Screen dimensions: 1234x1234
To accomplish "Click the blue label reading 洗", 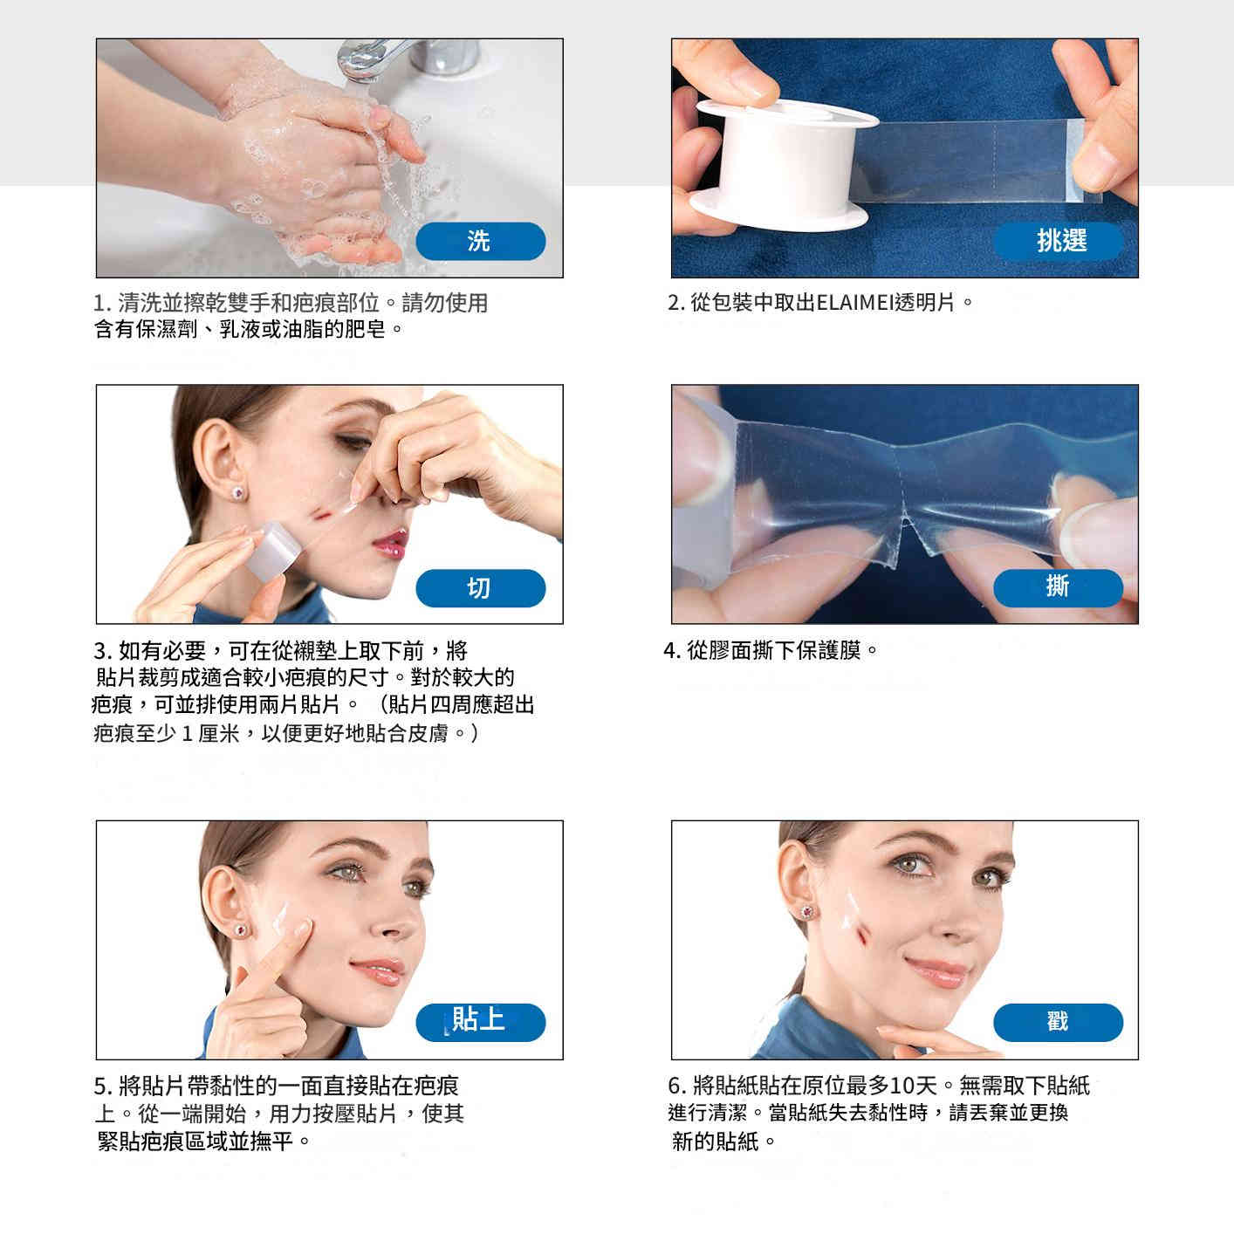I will [480, 241].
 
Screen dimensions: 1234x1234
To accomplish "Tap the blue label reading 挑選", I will [1058, 241].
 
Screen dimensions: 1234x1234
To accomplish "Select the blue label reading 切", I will [480, 588].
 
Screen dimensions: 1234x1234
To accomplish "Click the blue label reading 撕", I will [1058, 587].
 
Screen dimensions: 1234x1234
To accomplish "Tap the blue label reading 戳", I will [1058, 1022].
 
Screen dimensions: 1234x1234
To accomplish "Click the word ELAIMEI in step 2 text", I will [851, 303].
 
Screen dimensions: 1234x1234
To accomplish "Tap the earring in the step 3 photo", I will [236, 494].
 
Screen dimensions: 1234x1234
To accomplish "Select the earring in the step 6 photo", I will [807, 912].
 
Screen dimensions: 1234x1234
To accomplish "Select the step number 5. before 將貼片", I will [102, 1087].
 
